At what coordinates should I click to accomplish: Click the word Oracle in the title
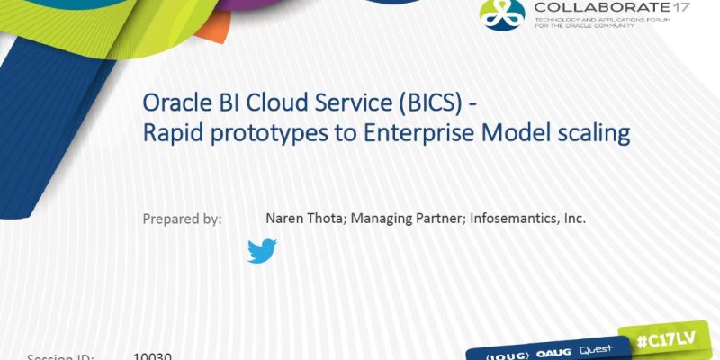174,104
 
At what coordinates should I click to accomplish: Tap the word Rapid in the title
171,132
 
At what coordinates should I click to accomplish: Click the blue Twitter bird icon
262,251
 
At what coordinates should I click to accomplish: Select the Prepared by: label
182,219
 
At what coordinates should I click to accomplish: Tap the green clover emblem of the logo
502,13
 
